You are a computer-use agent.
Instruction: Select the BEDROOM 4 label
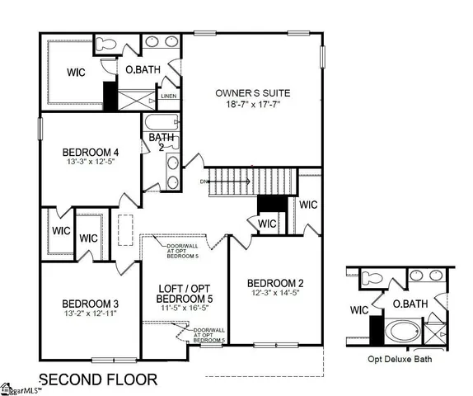[91, 152]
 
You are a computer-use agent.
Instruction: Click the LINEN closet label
[168, 97]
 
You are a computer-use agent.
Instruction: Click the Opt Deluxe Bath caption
[400, 359]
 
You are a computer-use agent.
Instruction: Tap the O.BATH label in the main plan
[141, 69]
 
